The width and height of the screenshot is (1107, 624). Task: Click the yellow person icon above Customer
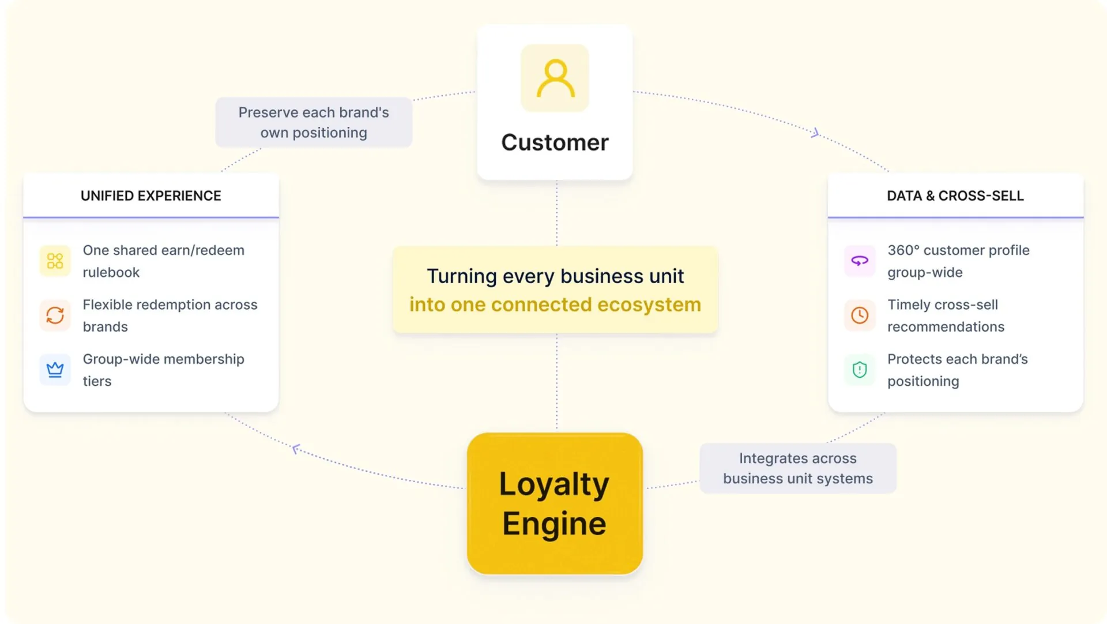[x=555, y=78]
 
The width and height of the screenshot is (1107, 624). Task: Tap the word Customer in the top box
[x=555, y=142]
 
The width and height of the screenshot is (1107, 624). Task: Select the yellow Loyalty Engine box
[x=555, y=503]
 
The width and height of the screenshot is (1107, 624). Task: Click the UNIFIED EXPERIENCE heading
[x=151, y=196]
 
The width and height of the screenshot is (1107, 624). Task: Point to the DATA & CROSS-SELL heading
[x=955, y=196]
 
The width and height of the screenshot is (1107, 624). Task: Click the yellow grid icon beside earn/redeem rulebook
[x=55, y=261]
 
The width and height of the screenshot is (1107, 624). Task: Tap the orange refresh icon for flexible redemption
[x=55, y=315]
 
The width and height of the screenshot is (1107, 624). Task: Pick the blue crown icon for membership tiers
[x=55, y=370]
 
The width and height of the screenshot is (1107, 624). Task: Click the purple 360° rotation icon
[x=860, y=261]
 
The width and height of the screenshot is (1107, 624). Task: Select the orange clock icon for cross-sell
[x=860, y=315]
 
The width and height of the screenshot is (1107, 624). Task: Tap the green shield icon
[x=860, y=370]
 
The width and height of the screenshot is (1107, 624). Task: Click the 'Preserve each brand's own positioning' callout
[x=314, y=122]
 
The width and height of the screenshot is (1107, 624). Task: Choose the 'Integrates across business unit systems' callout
[x=798, y=468]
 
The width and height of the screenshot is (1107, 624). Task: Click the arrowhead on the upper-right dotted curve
[x=815, y=133]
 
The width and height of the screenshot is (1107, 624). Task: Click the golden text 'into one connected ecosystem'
[x=555, y=305]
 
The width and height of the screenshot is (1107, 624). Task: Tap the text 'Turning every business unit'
[x=555, y=276]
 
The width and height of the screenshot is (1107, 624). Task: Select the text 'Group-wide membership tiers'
[x=164, y=370]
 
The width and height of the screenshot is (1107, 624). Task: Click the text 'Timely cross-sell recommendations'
[x=946, y=315]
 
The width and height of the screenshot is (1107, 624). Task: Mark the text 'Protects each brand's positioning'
[x=958, y=370]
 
